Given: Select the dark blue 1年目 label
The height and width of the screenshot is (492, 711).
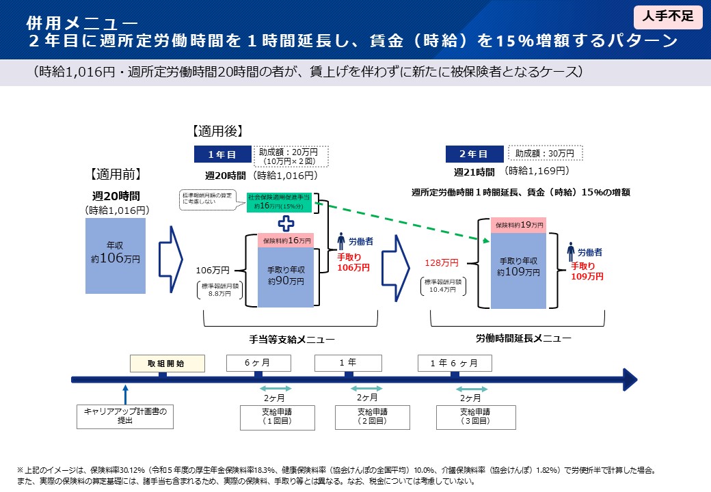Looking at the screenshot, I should click(x=222, y=155).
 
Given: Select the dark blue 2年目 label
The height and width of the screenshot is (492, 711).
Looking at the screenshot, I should click(x=473, y=154).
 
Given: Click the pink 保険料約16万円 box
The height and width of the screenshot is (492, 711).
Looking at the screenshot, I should click(x=286, y=241).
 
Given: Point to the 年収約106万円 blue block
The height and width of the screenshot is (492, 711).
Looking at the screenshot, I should click(x=116, y=255).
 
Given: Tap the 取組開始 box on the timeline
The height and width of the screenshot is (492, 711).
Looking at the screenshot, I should click(x=167, y=364).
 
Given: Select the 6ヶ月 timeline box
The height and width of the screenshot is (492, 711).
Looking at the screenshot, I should click(x=258, y=362).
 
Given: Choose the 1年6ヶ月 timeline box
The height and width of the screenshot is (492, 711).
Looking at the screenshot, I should click(x=455, y=363).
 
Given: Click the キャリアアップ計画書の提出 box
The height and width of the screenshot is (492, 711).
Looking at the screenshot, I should click(x=125, y=416).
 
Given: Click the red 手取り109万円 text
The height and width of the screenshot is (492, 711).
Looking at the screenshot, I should click(x=587, y=271).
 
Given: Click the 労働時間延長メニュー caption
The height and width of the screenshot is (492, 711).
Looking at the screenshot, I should click(x=523, y=338).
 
